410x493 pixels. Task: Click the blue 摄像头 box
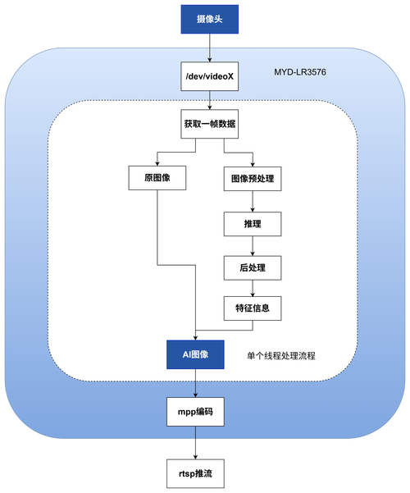(211, 18)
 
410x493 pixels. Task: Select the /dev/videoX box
(211, 79)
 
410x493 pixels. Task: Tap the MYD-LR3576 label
(302, 74)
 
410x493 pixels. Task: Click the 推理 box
(253, 222)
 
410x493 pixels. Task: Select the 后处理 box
(253, 267)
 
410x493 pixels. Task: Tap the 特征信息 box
(253, 309)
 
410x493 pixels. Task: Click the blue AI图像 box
(194, 354)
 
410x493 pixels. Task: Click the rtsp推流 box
(194, 473)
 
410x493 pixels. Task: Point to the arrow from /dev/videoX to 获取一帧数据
(211, 103)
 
